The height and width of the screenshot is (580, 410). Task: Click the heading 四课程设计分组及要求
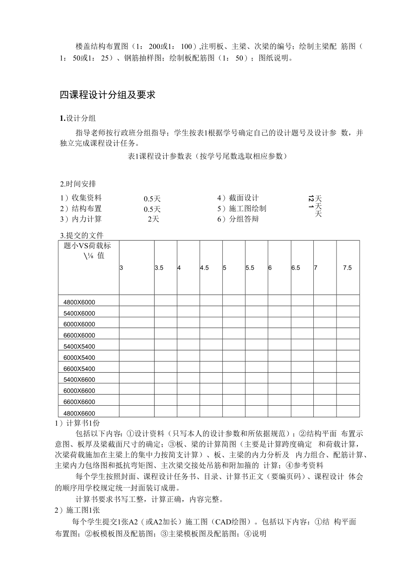coord(107,95)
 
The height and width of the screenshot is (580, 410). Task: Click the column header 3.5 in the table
coord(159,268)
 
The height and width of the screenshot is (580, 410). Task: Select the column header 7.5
coord(347,268)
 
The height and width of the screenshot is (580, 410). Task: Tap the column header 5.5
coord(250,268)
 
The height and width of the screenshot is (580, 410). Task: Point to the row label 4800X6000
coord(79,302)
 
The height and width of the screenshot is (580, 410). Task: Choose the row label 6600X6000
coord(79,335)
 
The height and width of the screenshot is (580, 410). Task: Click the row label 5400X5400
coord(79,346)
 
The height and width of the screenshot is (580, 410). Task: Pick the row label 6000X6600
coord(79,391)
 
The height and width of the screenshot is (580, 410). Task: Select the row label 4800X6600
coord(79,413)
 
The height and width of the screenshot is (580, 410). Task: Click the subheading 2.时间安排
coord(78,184)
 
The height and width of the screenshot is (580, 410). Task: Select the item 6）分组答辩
coord(238,219)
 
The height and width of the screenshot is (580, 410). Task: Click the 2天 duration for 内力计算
coord(153,219)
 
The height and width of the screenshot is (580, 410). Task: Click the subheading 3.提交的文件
coord(82,235)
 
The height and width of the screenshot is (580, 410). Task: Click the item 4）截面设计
coord(238,198)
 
